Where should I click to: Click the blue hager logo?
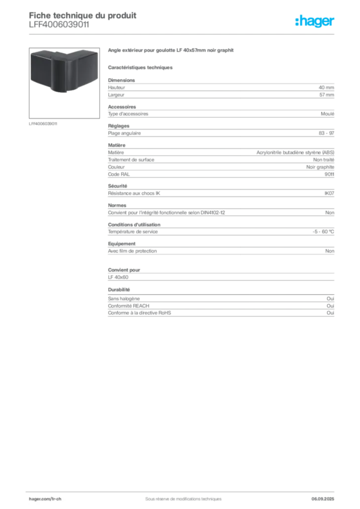click(x=315, y=21)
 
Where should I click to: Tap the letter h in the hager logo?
click(x=300, y=21)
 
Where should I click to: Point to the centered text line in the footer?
click(x=180, y=495)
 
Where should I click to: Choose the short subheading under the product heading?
click(x=141, y=67)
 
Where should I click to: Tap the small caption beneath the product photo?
click(x=44, y=123)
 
